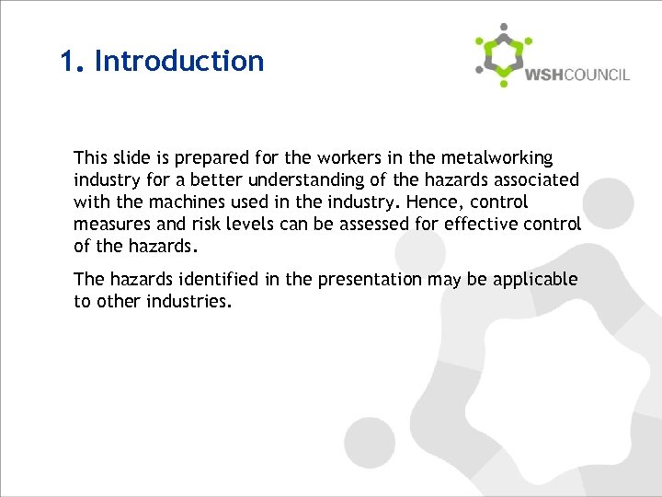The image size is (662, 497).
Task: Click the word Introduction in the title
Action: [x=179, y=61]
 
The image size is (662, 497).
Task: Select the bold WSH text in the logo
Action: [x=543, y=75]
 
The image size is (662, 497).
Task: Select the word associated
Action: [x=537, y=180]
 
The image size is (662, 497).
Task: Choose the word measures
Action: [x=110, y=225]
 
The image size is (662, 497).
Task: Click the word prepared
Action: [x=192, y=158]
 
